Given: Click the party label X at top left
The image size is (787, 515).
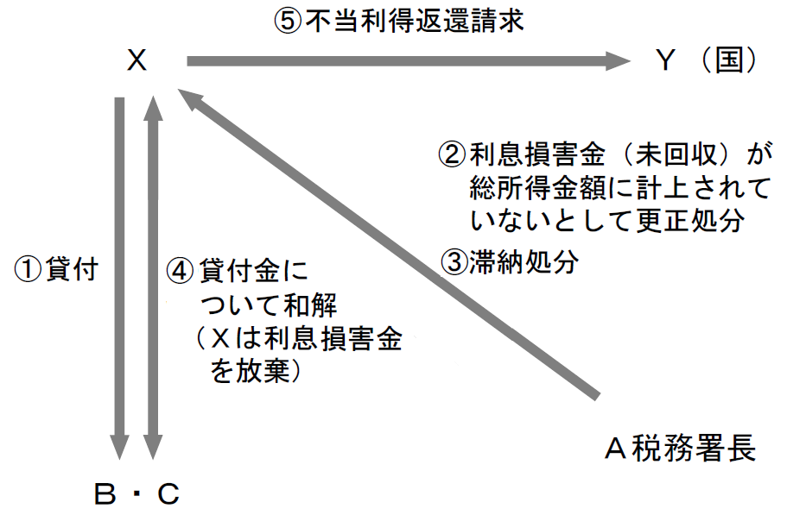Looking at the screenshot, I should coord(136,61).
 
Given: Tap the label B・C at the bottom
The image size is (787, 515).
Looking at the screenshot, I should coord(137,494).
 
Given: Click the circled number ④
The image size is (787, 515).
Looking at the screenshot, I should coord(178,270).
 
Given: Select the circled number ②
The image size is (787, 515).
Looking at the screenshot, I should coord(453,154).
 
